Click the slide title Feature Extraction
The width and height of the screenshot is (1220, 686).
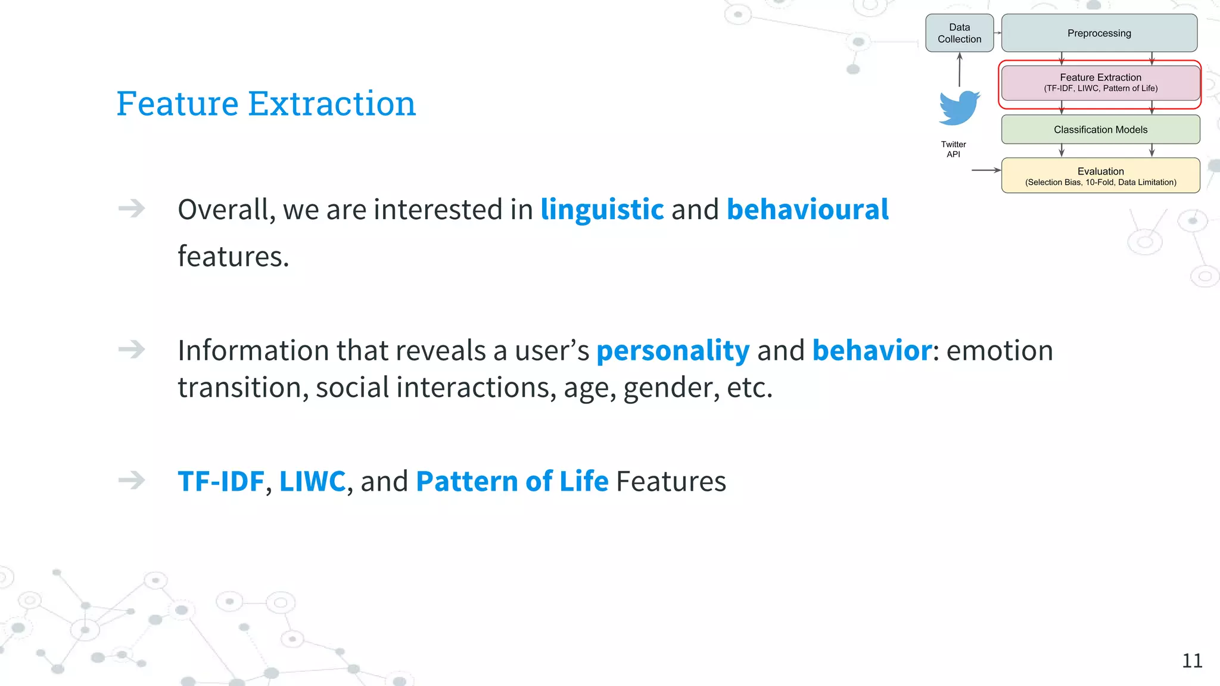tap(266, 104)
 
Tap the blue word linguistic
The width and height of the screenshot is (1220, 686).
tap(602, 210)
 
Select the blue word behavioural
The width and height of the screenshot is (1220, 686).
tap(807, 210)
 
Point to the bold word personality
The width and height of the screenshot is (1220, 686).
tap(673, 350)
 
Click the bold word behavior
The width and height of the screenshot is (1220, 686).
tap(872, 350)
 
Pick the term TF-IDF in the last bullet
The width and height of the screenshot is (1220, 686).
tap(221, 481)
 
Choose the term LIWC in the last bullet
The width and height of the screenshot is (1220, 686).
tap(312, 481)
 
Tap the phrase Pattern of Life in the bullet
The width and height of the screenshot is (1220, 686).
tap(512, 481)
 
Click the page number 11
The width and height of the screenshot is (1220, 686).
tap(1192, 660)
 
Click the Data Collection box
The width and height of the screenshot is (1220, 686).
tap(959, 33)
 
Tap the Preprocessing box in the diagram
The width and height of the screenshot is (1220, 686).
tap(1099, 33)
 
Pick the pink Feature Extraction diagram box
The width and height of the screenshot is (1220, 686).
tap(1100, 83)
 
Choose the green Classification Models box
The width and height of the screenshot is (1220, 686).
tap(1100, 129)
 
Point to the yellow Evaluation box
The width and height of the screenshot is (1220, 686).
tap(1100, 176)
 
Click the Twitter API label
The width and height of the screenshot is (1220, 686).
tap(953, 149)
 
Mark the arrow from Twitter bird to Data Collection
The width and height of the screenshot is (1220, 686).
tap(960, 70)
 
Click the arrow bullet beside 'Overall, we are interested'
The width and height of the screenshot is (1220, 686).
tap(132, 208)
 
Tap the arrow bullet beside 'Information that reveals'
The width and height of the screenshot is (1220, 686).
tap(132, 349)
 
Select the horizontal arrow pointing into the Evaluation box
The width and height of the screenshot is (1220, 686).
tap(986, 170)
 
